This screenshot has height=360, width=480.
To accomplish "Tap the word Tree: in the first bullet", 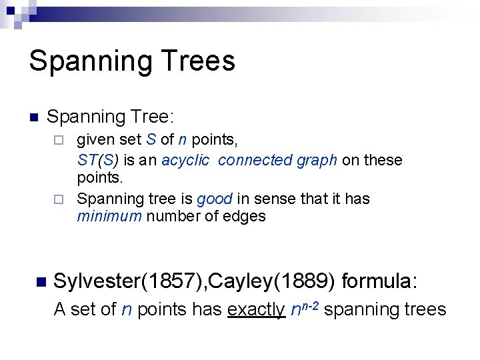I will pyautogui.click(x=151, y=117).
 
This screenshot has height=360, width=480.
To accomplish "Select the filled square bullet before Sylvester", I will pyautogui.click(x=41, y=283).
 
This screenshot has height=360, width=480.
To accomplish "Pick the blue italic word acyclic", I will pyautogui.click(x=185, y=160).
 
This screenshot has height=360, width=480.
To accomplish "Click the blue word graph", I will pyautogui.click(x=316, y=160).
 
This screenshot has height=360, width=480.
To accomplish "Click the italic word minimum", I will pyautogui.click(x=109, y=216).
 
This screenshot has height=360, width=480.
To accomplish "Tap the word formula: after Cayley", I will pyautogui.click(x=379, y=281).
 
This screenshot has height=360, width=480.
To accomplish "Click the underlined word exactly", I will pyautogui.click(x=256, y=309).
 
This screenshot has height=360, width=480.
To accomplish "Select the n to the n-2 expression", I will pyautogui.click(x=307, y=308).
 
